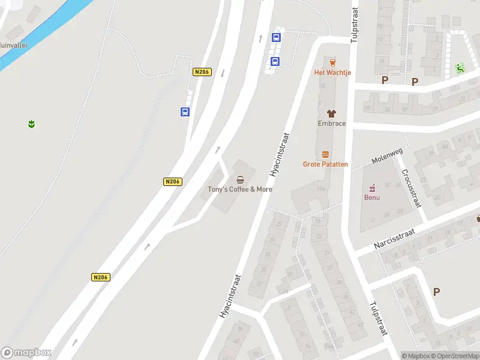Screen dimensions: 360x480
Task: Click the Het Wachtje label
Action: point(332,73)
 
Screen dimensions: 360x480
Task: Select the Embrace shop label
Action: point(332,124)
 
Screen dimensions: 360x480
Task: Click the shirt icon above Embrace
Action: point(331,113)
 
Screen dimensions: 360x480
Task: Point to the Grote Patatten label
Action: point(325,164)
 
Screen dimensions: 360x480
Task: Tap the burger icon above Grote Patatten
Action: point(325,154)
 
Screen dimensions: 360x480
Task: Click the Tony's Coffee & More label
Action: point(240,189)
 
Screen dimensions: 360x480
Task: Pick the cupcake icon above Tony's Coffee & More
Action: point(241,179)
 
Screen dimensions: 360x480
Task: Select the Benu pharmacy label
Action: point(372,197)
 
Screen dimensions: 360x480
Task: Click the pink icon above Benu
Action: point(372,187)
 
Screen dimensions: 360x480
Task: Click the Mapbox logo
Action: point(26,353)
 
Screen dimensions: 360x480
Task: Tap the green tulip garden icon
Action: point(31,124)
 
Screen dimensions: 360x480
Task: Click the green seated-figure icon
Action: point(460,68)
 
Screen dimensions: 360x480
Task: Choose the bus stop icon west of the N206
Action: point(185,111)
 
